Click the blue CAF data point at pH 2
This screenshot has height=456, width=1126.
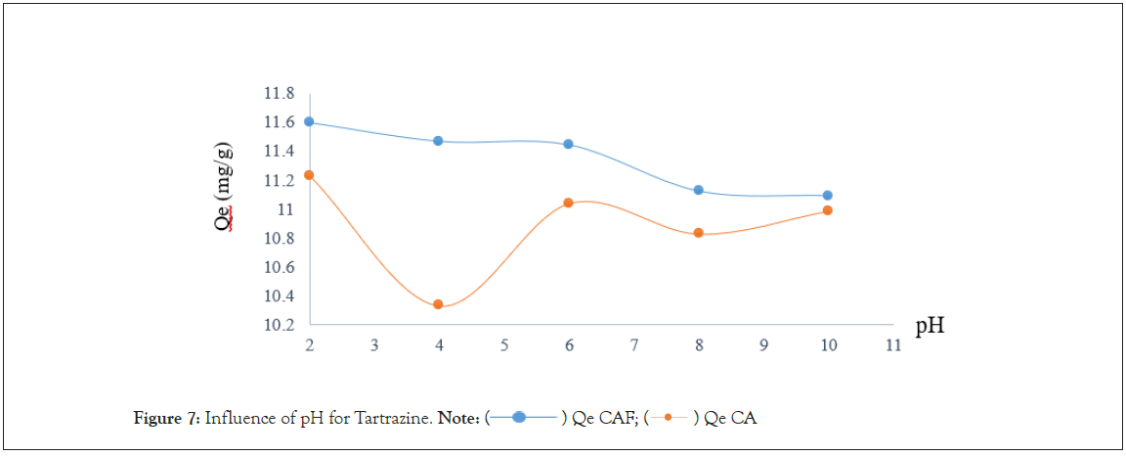click(x=309, y=121)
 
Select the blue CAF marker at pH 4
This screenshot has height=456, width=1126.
click(x=438, y=141)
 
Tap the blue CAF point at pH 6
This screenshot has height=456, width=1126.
click(x=568, y=144)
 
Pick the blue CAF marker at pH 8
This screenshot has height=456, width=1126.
click(x=698, y=190)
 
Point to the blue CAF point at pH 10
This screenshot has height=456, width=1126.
click(x=827, y=195)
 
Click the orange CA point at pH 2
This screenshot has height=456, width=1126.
click(x=309, y=174)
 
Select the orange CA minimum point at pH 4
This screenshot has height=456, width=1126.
click(x=438, y=304)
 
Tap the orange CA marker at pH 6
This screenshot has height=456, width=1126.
click(x=568, y=203)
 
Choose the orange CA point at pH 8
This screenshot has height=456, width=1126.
click(x=698, y=233)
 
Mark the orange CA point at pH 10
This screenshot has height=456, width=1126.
click(x=827, y=210)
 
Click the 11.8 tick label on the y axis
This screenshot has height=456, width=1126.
click(x=279, y=93)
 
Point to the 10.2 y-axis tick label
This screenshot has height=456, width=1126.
click(x=279, y=325)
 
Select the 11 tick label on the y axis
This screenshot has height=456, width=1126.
click(x=285, y=209)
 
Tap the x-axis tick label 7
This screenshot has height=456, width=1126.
click(x=633, y=345)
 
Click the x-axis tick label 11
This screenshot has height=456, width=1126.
click(x=891, y=345)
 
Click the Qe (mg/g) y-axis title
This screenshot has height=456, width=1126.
click(x=224, y=186)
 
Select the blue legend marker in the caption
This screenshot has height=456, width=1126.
click(x=520, y=419)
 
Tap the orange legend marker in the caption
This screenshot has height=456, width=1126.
click(x=668, y=419)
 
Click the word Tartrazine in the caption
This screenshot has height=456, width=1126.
click(x=391, y=419)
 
